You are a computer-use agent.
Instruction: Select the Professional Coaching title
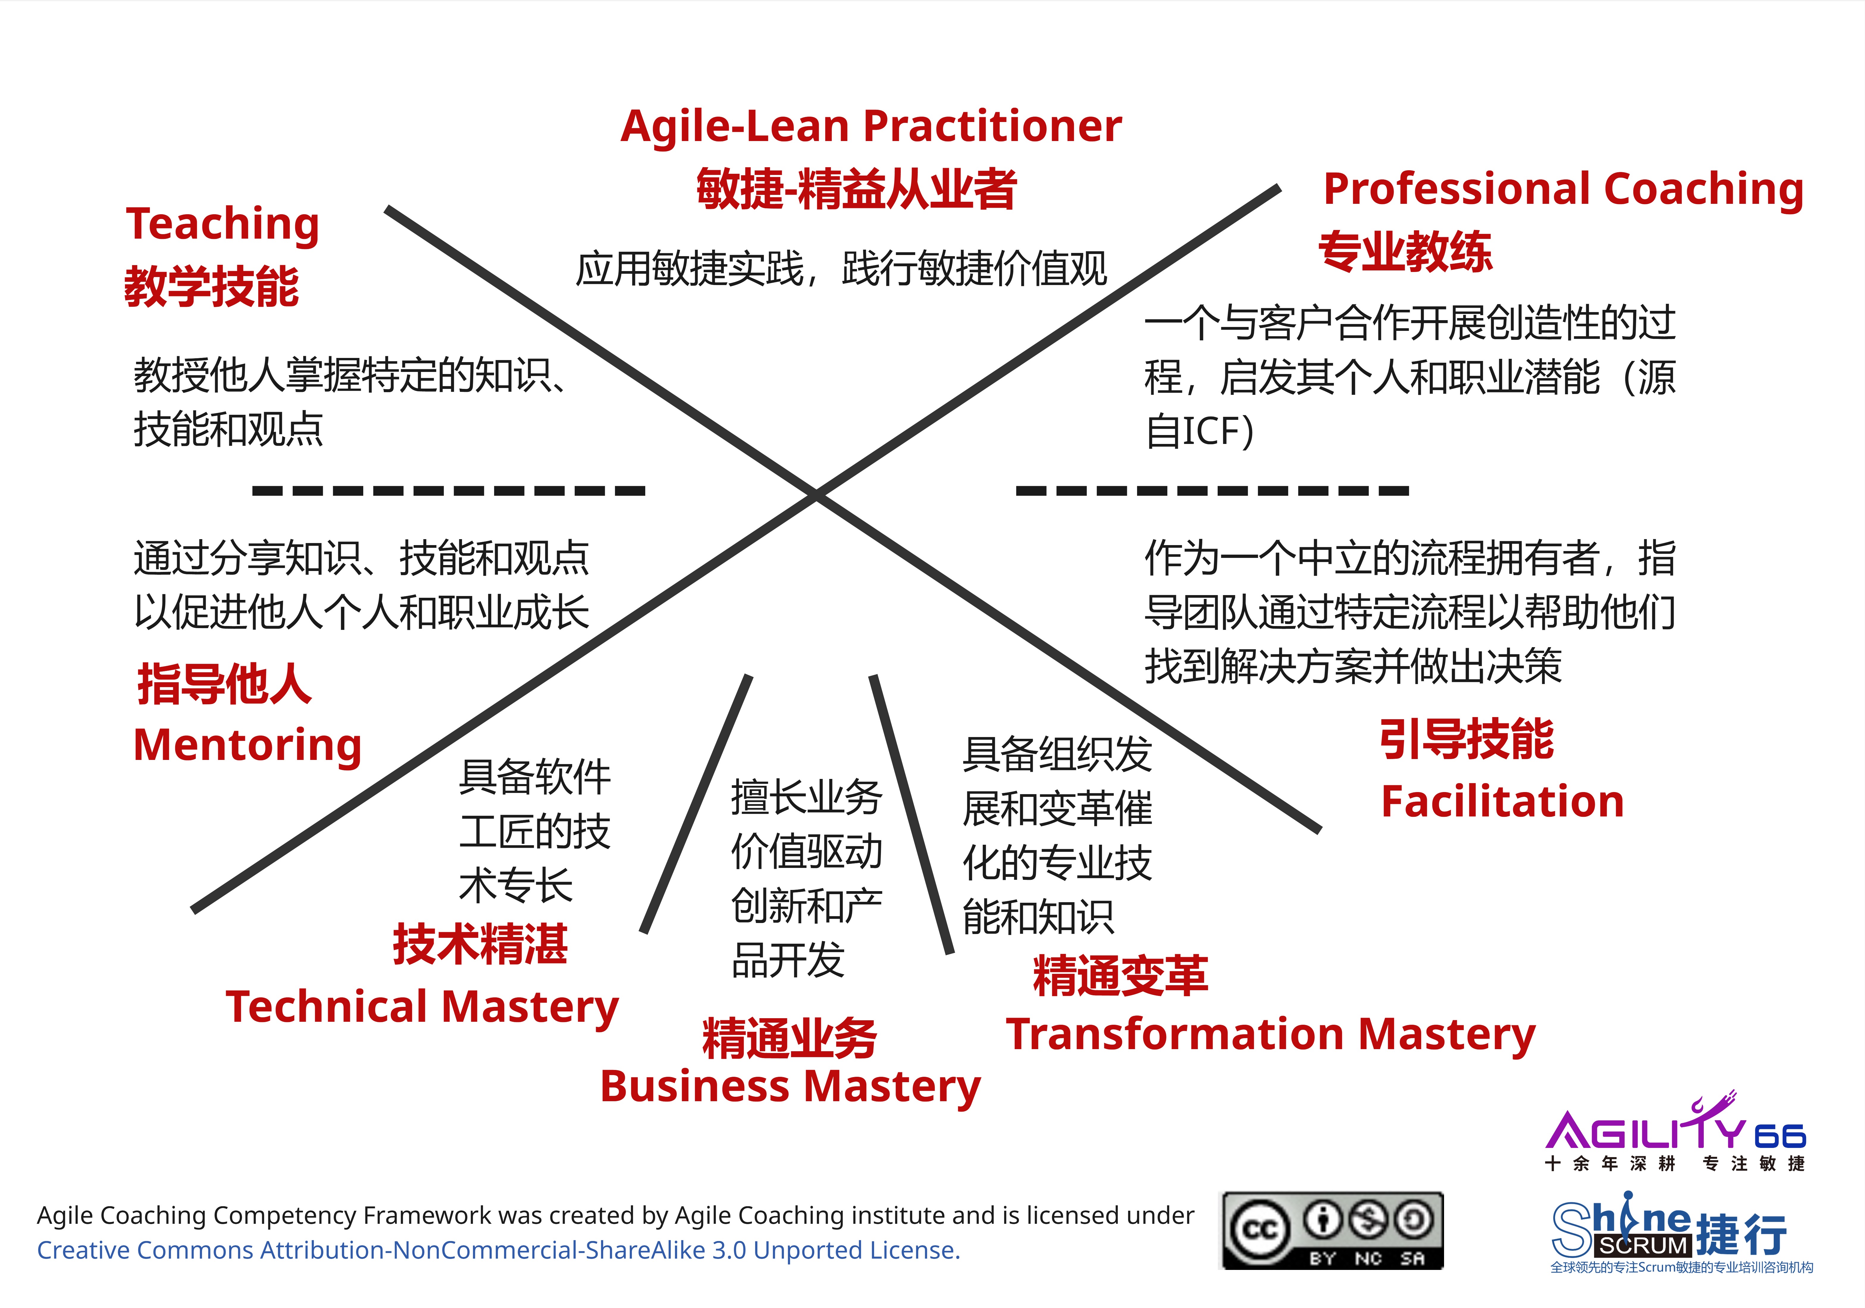tap(1563, 189)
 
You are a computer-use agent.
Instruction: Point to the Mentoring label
tap(247, 745)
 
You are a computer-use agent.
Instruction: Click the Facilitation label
tap(1502, 802)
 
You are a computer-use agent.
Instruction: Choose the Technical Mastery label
tap(422, 1007)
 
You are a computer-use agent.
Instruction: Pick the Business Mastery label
tap(790, 1087)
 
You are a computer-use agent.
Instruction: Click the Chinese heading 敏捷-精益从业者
tap(856, 189)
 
